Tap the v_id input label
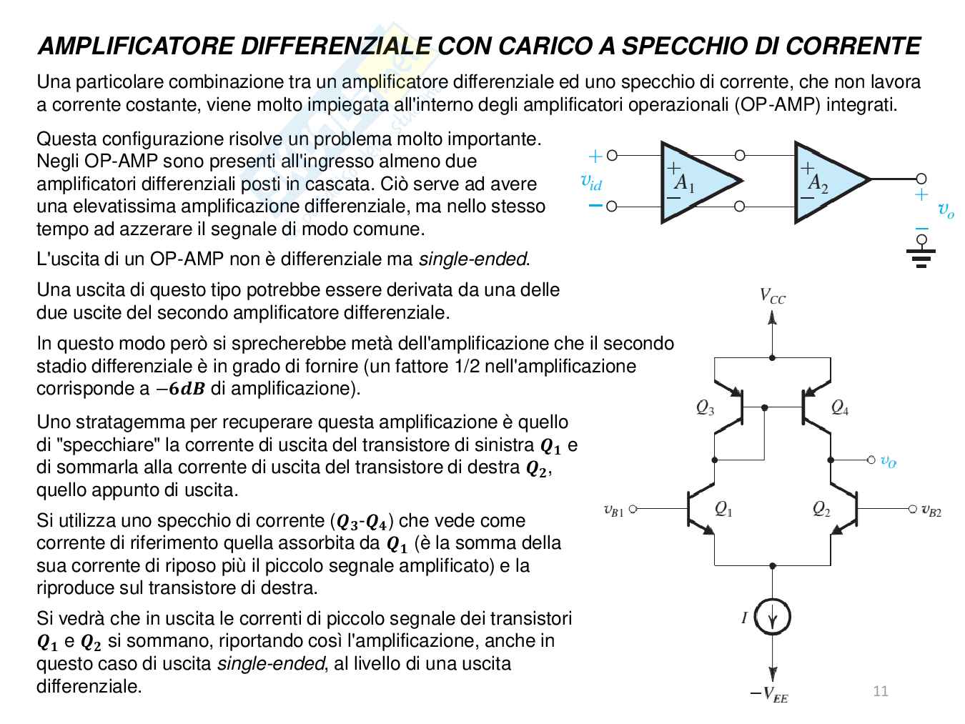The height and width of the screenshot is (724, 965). pyautogui.click(x=591, y=182)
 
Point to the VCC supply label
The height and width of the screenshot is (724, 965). pyautogui.click(x=773, y=297)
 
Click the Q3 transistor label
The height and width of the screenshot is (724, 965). pyautogui.click(x=705, y=407)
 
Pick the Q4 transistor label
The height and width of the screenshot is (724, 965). pyautogui.click(x=840, y=407)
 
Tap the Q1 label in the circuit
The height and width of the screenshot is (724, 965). pyautogui.click(x=723, y=509)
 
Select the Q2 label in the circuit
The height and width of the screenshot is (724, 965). pyautogui.click(x=821, y=509)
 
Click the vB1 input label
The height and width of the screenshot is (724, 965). pyautogui.click(x=613, y=510)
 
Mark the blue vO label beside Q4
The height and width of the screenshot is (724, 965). pyautogui.click(x=888, y=461)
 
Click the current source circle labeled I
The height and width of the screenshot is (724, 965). pyautogui.click(x=773, y=618)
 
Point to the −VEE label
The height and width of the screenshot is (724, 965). pyautogui.click(x=769, y=693)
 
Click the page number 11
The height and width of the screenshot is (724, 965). pyautogui.click(x=881, y=690)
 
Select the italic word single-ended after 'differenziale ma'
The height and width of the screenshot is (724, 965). pyautogui.click(x=472, y=259)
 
